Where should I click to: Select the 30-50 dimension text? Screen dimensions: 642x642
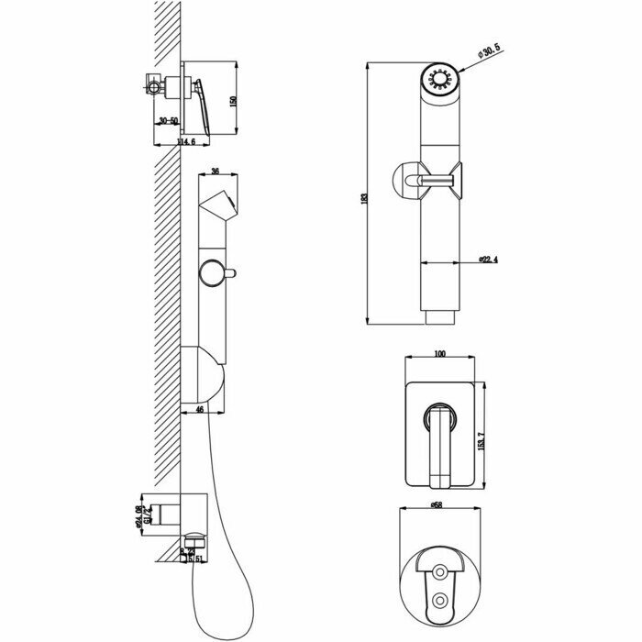coord(168,120)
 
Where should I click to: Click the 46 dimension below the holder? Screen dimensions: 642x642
coord(200,410)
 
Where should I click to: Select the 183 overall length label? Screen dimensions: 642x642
coord(365,197)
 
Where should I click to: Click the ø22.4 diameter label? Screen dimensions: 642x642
coord(488,260)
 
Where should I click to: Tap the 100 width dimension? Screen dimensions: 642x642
coord(440,353)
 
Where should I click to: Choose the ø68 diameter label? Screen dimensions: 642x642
coord(438,505)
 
